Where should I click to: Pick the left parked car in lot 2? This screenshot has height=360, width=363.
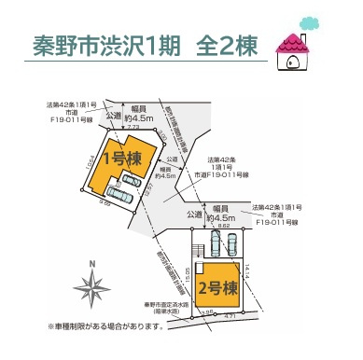pyautogui.click(x=214, y=244)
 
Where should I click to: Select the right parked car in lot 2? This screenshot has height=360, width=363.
pyautogui.click(x=231, y=244)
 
